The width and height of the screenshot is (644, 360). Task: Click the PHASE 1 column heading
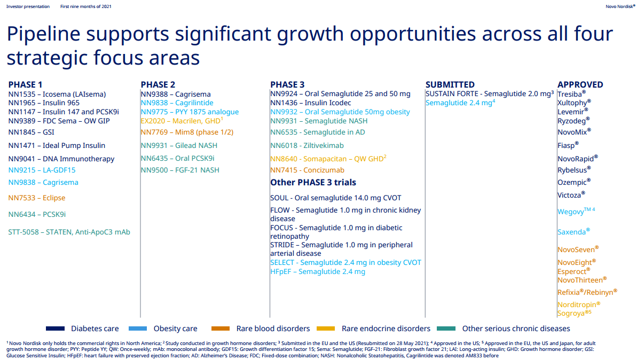(x=25, y=84)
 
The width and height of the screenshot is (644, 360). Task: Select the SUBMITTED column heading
(x=450, y=84)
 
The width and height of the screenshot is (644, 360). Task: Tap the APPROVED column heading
(x=580, y=84)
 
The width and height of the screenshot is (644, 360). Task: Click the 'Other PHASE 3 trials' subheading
(x=313, y=182)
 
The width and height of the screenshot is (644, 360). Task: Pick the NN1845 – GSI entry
(x=32, y=132)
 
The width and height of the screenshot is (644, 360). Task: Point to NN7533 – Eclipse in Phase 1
(x=37, y=198)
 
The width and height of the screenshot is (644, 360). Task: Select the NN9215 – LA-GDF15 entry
(x=42, y=170)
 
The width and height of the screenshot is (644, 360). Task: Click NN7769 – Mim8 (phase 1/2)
(x=187, y=132)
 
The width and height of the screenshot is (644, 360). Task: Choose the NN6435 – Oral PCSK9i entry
(x=177, y=158)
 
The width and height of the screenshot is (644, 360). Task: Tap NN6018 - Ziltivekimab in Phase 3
(x=307, y=145)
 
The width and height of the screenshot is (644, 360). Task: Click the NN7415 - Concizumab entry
(x=308, y=170)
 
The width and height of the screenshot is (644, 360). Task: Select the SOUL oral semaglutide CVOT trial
(x=335, y=198)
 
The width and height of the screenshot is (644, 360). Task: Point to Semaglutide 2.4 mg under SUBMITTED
(x=460, y=103)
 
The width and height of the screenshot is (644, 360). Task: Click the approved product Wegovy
(x=576, y=212)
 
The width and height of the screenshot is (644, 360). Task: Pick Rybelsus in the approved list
(x=574, y=170)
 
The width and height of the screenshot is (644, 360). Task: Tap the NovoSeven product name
(x=578, y=249)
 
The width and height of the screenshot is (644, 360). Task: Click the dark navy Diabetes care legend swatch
(x=55, y=328)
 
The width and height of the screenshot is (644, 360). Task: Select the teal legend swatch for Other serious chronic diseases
(x=446, y=328)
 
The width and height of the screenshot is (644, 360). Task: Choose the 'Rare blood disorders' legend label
(x=273, y=328)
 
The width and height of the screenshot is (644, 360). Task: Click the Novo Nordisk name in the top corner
(x=621, y=6)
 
